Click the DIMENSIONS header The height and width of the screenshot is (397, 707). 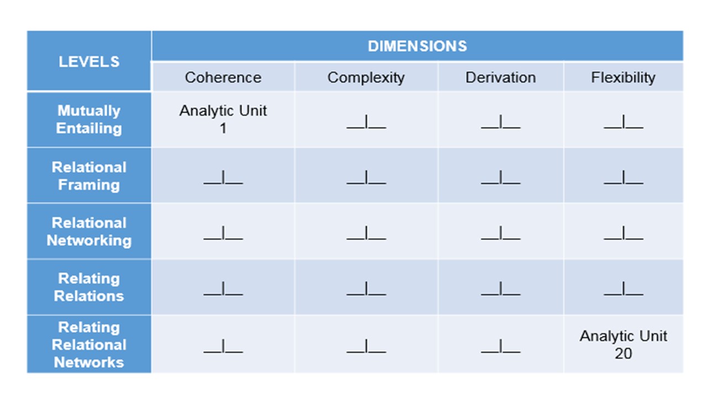(x=417, y=46)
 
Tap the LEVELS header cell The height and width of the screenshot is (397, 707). (x=89, y=61)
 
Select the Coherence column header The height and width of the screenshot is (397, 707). (x=223, y=78)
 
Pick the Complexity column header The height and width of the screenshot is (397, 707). (x=366, y=78)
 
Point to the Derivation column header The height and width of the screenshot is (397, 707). (x=500, y=78)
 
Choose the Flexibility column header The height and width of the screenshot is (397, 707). (x=624, y=78)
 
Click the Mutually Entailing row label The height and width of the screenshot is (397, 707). (x=89, y=120)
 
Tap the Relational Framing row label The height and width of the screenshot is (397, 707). (x=89, y=176)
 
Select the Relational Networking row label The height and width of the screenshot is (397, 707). (x=89, y=232)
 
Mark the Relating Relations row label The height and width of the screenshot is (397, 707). (x=89, y=287)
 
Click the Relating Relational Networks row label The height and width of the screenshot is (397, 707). (x=89, y=345)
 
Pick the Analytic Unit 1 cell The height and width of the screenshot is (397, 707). (x=223, y=120)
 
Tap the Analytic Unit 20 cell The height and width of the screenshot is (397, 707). (x=624, y=345)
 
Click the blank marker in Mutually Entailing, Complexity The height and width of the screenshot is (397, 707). (x=366, y=122)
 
